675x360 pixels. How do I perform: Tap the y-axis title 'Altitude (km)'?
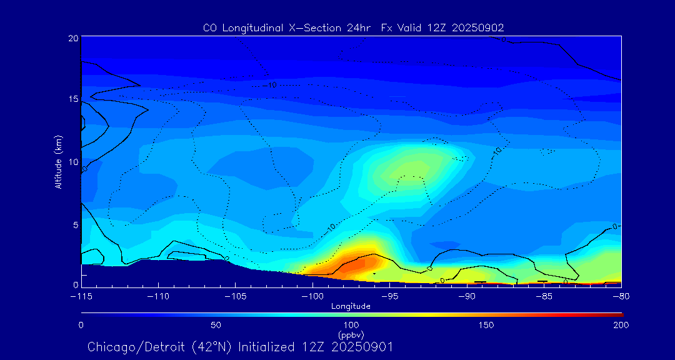pos(59,162)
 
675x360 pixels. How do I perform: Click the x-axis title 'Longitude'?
pos(351,306)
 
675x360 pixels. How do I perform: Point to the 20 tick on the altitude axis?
pos(73,38)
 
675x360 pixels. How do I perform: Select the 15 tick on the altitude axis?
pos(73,99)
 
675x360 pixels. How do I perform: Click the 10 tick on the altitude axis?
pos(73,162)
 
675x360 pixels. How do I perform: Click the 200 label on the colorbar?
pos(621,325)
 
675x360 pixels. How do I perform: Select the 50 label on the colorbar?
pos(216,325)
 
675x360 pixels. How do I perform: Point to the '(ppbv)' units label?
pos(351,335)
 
